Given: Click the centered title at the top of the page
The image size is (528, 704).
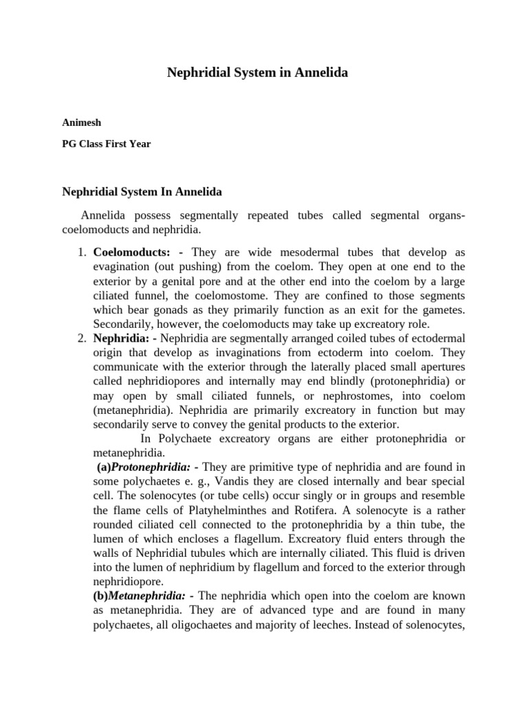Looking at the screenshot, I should tap(258, 72).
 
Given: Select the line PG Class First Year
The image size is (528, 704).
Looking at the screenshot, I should tap(106, 144).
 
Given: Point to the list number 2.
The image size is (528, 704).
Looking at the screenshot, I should tap(80, 338).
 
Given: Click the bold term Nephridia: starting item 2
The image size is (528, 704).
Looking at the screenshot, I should tap(121, 338).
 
